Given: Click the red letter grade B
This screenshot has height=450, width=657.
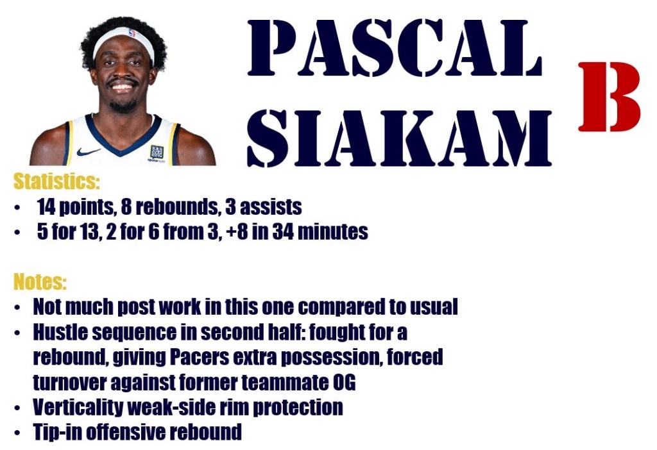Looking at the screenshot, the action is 610,96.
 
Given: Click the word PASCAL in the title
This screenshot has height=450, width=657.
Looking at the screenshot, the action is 395,47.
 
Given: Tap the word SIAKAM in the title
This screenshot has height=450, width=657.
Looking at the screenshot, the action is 399,138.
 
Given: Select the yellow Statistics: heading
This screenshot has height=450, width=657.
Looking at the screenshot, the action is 57,181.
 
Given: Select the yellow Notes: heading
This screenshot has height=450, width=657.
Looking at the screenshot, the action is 40,281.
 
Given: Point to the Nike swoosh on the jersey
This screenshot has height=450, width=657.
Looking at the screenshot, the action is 88,151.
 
